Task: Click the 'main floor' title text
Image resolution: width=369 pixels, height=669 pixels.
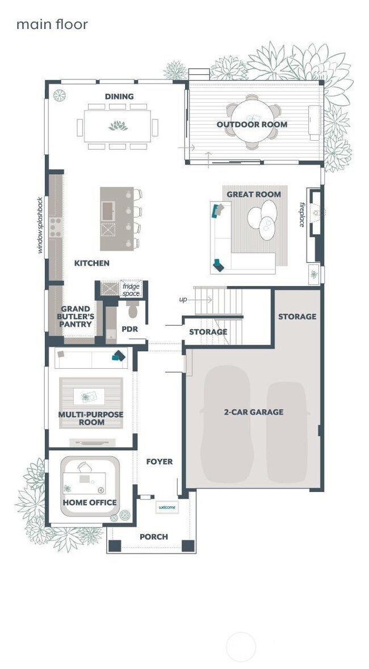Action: (52, 24)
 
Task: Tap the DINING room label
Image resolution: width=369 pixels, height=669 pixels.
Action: (119, 96)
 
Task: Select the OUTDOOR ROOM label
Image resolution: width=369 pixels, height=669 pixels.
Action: (252, 124)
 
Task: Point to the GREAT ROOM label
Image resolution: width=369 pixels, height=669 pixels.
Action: (254, 194)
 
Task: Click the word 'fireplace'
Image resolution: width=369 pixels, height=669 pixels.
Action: (303, 214)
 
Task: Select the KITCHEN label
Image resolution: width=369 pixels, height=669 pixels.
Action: (92, 263)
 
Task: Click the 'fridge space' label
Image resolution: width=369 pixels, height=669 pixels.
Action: (131, 290)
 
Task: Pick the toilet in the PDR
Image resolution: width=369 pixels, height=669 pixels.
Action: (133, 310)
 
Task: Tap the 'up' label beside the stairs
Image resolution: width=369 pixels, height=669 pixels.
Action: (183, 298)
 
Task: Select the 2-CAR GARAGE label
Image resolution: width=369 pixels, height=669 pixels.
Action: (253, 412)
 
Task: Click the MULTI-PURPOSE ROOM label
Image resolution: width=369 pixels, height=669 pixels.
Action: (91, 418)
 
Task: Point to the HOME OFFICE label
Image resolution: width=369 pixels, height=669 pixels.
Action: (90, 502)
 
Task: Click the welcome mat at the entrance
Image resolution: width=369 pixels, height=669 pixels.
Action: (167, 507)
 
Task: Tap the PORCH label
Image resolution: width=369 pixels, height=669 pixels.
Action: (154, 536)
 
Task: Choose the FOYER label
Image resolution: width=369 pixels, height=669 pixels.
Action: (159, 461)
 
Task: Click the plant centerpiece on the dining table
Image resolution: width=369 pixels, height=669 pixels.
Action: (118, 125)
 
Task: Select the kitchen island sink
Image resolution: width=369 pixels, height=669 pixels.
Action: (108, 212)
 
